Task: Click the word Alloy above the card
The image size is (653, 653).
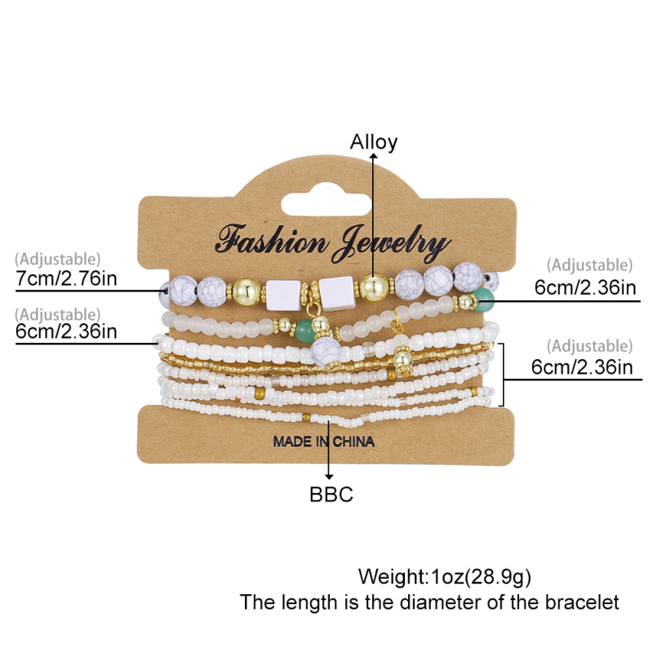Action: [x=374, y=142]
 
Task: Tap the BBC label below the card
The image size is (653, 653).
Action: [x=331, y=494]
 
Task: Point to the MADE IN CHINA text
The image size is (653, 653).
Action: [x=324, y=442]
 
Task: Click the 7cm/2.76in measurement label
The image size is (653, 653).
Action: [x=67, y=279]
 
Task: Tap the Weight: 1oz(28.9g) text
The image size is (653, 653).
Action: [x=445, y=577]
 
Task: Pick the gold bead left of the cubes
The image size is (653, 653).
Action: [x=246, y=291]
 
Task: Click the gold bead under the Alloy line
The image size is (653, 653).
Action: [x=374, y=288]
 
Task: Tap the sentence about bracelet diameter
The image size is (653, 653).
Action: [x=429, y=603]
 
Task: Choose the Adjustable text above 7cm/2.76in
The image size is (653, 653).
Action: [x=58, y=260]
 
